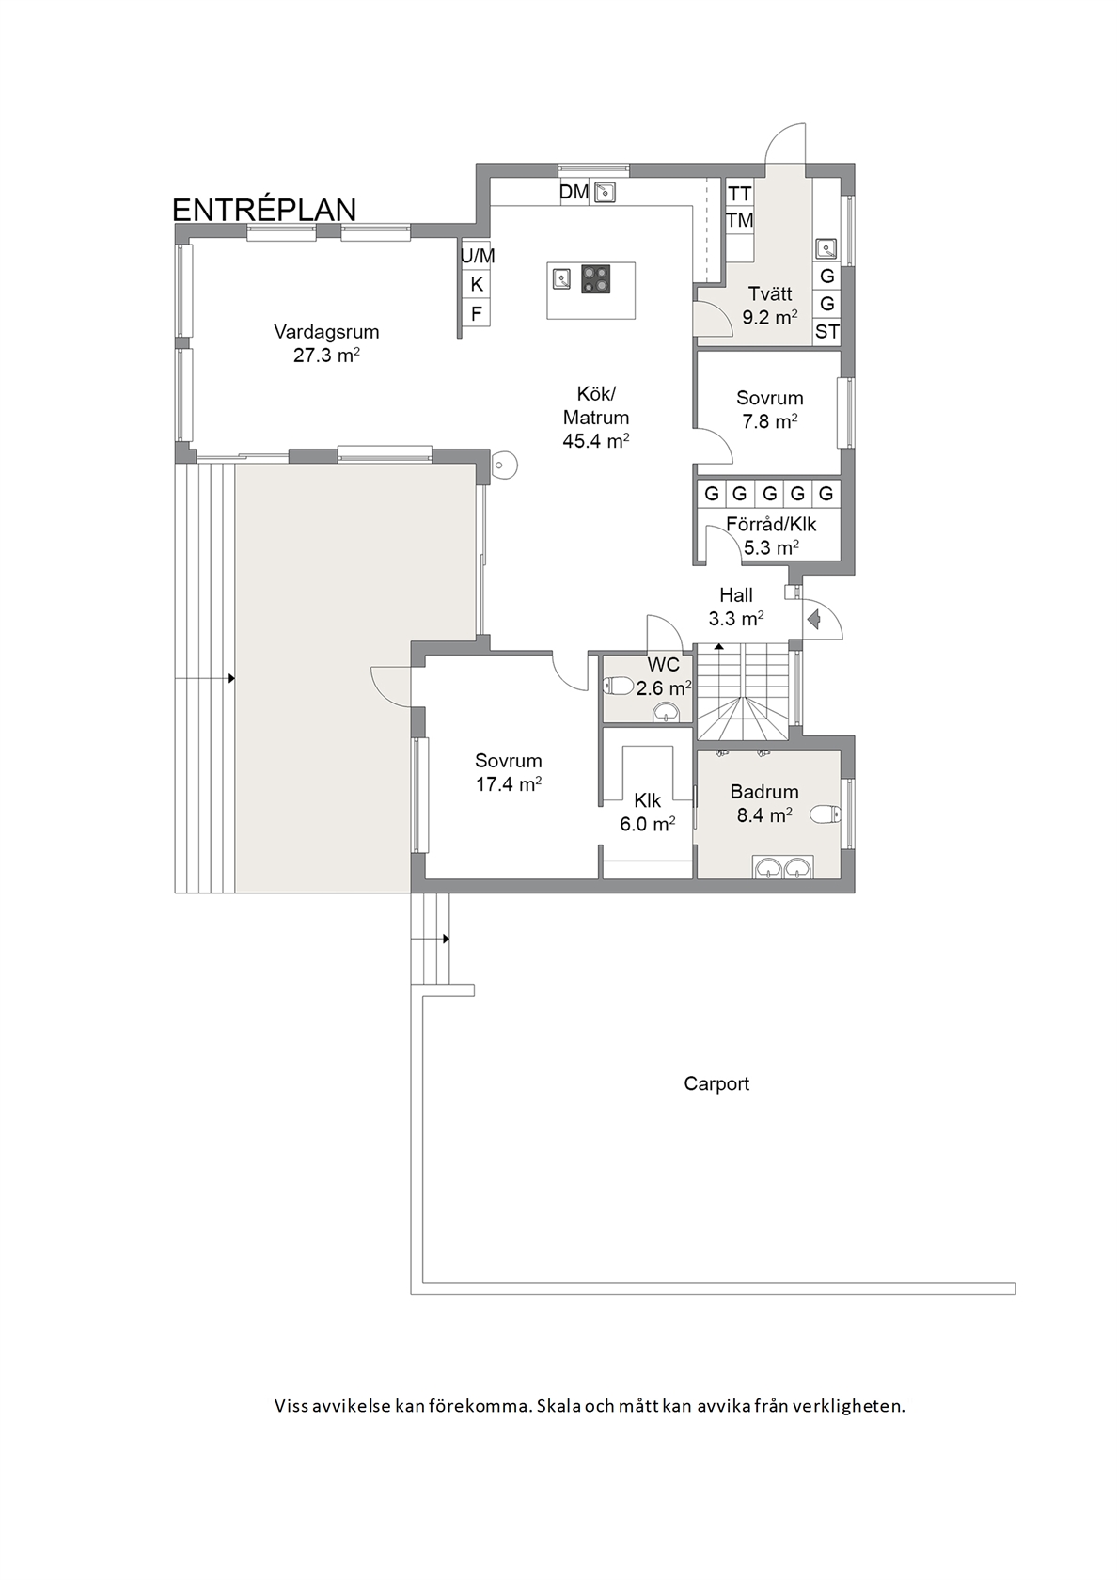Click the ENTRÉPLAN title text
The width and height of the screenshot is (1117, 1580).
[264, 211]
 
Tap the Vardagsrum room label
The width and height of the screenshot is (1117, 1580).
[326, 331]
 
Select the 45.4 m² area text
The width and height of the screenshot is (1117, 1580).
[596, 441]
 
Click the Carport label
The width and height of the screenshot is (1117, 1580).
[716, 1084]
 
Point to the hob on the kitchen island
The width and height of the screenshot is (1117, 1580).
[596, 278]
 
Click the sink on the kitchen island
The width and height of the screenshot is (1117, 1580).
[561, 278]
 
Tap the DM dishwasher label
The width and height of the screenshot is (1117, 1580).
[574, 191]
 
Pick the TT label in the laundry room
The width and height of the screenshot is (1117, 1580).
[740, 194]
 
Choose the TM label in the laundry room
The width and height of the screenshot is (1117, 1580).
[740, 220]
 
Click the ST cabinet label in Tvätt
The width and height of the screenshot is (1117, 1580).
[827, 331]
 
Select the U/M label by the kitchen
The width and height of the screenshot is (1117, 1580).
[478, 256]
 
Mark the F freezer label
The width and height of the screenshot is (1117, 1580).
[477, 314]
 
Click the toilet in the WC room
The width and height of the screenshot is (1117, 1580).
[619, 686]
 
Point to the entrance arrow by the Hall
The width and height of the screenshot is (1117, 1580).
[814, 619]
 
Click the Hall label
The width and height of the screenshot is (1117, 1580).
[736, 594]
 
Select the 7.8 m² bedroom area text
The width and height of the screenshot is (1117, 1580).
[769, 421]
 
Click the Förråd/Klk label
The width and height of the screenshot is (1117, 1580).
[771, 524]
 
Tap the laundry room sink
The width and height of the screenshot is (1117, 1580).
[826, 248]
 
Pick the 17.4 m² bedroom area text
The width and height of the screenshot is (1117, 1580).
[509, 783]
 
